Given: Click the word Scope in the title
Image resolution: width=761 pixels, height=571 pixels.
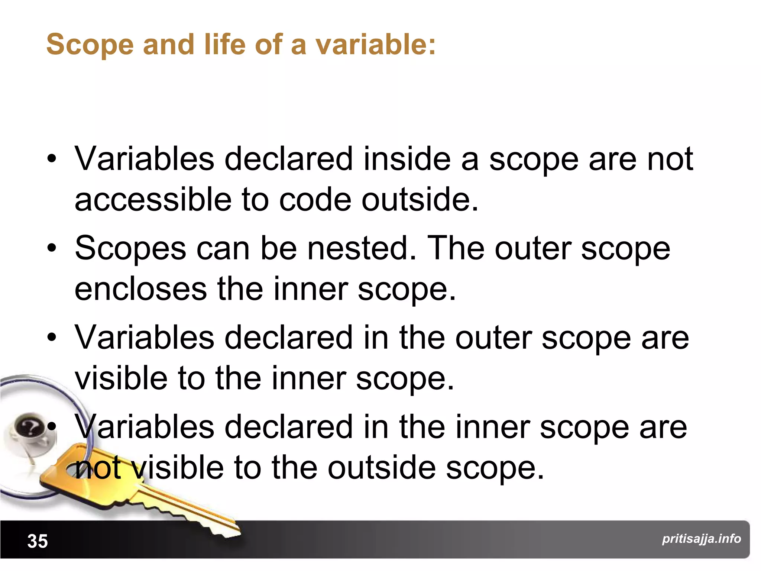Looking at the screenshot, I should [x=90, y=45].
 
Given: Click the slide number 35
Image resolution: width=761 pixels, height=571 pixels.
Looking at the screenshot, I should [x=38, y=541].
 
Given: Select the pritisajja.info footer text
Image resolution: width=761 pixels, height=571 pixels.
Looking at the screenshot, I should [x=701, y=538].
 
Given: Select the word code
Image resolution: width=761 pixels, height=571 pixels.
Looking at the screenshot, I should [x=315, y=199].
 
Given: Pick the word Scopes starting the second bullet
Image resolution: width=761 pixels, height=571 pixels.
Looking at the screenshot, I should [x=130, y=248].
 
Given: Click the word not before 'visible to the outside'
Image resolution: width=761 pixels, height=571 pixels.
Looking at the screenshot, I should [x=98, y=467].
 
